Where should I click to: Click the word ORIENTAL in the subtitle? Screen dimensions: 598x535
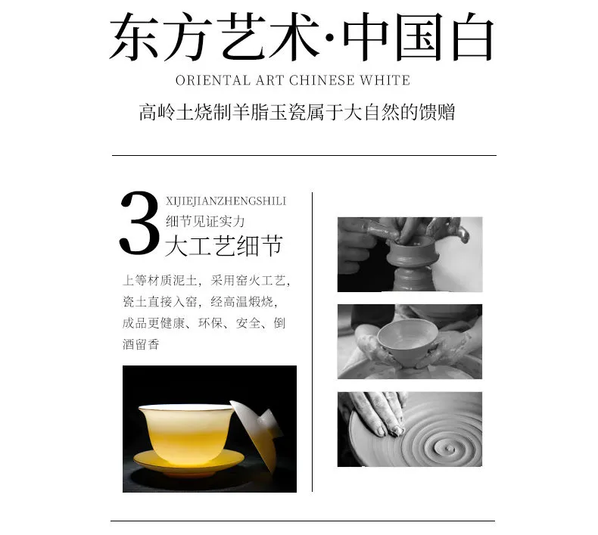click(x=212, y=80)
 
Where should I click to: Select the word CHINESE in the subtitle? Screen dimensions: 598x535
click(x=322, y=80)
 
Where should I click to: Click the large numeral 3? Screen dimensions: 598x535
click(x=139, y=223)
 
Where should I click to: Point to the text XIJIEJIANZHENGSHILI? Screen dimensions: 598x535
click(x=226, y=201)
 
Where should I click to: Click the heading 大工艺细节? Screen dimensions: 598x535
click(x=224, y=246)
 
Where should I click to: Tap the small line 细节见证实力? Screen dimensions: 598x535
click(x=205, y=221)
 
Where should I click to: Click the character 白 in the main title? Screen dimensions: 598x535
click(x=472, y=36)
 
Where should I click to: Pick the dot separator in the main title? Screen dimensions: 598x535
click(x=330, y=37)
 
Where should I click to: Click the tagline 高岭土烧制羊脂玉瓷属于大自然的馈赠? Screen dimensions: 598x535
click(x=297, y=113)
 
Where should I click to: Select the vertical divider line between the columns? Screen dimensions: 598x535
click(x=313, y=342)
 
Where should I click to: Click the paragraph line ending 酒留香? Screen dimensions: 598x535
click(x=141, y=344)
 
